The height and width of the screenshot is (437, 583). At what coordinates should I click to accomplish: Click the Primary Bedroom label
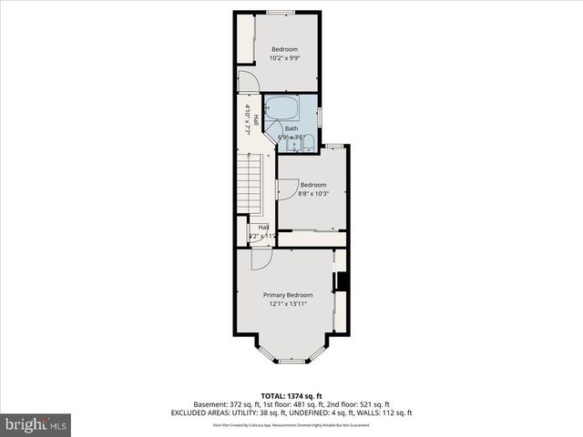[288, 295]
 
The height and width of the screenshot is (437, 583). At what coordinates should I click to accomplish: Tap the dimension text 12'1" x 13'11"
[288, 304]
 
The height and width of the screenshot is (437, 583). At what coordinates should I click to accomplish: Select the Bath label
[291, 128]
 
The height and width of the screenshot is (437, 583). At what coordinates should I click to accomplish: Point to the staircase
[250, 182]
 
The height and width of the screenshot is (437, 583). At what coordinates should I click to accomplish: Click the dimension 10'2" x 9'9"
[284, 58]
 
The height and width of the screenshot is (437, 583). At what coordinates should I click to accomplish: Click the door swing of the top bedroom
[246, 79]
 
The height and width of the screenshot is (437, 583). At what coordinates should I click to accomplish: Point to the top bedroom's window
[280, 12]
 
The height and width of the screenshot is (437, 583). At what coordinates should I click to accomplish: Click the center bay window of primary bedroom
[291, 361]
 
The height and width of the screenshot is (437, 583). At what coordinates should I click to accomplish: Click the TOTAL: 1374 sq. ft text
[291, 395]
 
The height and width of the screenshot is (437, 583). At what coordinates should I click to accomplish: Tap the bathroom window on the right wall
[319, 116]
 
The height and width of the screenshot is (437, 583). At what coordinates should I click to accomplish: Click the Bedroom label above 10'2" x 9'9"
[284, 49]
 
